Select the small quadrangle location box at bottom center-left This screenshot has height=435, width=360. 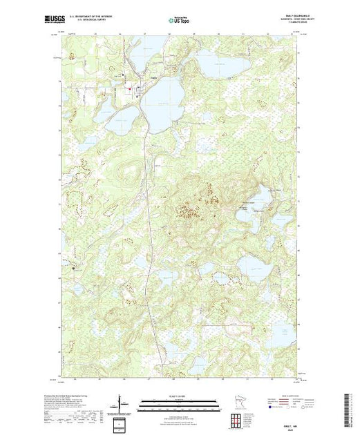tap(120, 423)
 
